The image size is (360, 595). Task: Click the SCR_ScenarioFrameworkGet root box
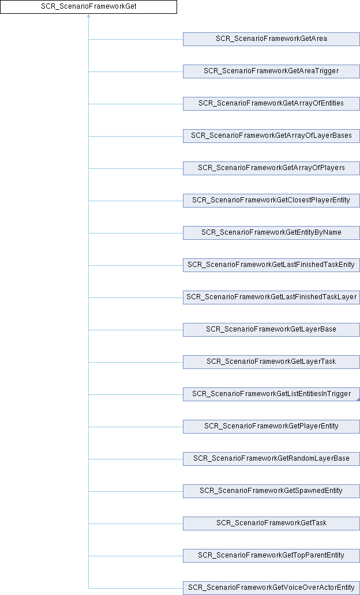[88, 7]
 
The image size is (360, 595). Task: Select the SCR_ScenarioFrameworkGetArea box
[271, 39]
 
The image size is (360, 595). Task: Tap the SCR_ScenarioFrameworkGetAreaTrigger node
[271, 71]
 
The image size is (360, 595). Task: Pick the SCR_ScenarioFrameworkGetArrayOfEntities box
[271, 104]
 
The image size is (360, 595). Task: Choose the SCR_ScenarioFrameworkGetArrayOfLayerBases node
[271, 136]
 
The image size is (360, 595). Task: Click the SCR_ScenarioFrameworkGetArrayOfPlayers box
[271, 168]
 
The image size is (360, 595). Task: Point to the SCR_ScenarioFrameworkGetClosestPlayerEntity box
[271, 201]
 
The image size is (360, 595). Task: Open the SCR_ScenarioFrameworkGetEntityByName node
[271, 232]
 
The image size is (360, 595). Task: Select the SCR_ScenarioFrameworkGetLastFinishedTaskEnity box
[271, 265]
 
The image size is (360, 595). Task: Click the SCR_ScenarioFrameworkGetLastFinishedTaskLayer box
[271, 297]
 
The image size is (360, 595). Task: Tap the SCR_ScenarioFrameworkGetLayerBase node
[271, 329]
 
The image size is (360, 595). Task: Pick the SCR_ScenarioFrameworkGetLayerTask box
[271, 361]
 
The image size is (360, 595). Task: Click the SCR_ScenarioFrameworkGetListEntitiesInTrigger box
[271, 394]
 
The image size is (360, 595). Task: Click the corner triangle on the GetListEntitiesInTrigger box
[358, 399]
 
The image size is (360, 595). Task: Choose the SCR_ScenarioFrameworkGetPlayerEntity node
[271, 426]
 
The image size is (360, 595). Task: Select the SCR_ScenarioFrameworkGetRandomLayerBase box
[271, 458]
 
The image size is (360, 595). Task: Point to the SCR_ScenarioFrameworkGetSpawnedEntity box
[271, 491]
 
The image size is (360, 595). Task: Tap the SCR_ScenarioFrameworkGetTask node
[271, 523]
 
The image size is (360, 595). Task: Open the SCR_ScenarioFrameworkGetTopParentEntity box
[271, 555]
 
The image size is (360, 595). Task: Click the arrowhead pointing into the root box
[88, 16]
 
